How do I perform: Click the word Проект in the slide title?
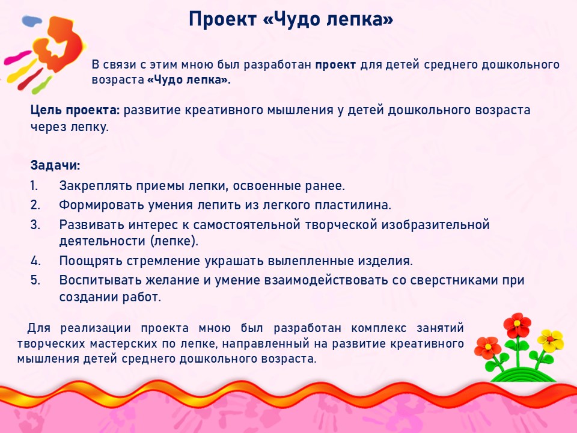[x=222, y=19]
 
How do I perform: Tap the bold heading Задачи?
[x=55, y=165]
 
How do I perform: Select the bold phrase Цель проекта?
[x=75, y=110]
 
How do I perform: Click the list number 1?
[x=34, y=186]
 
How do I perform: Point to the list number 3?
[x=35, y=224]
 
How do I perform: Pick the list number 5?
[x=35, y=280]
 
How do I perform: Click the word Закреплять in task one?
[x=96, y=186]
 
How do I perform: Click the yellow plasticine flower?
[x=551, y=340]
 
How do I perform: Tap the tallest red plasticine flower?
[x=517, y=324]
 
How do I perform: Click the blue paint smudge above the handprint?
[x=32, y=20]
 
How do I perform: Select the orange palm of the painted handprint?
[x=61, y=43]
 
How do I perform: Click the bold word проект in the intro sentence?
[x=335, y=65]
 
